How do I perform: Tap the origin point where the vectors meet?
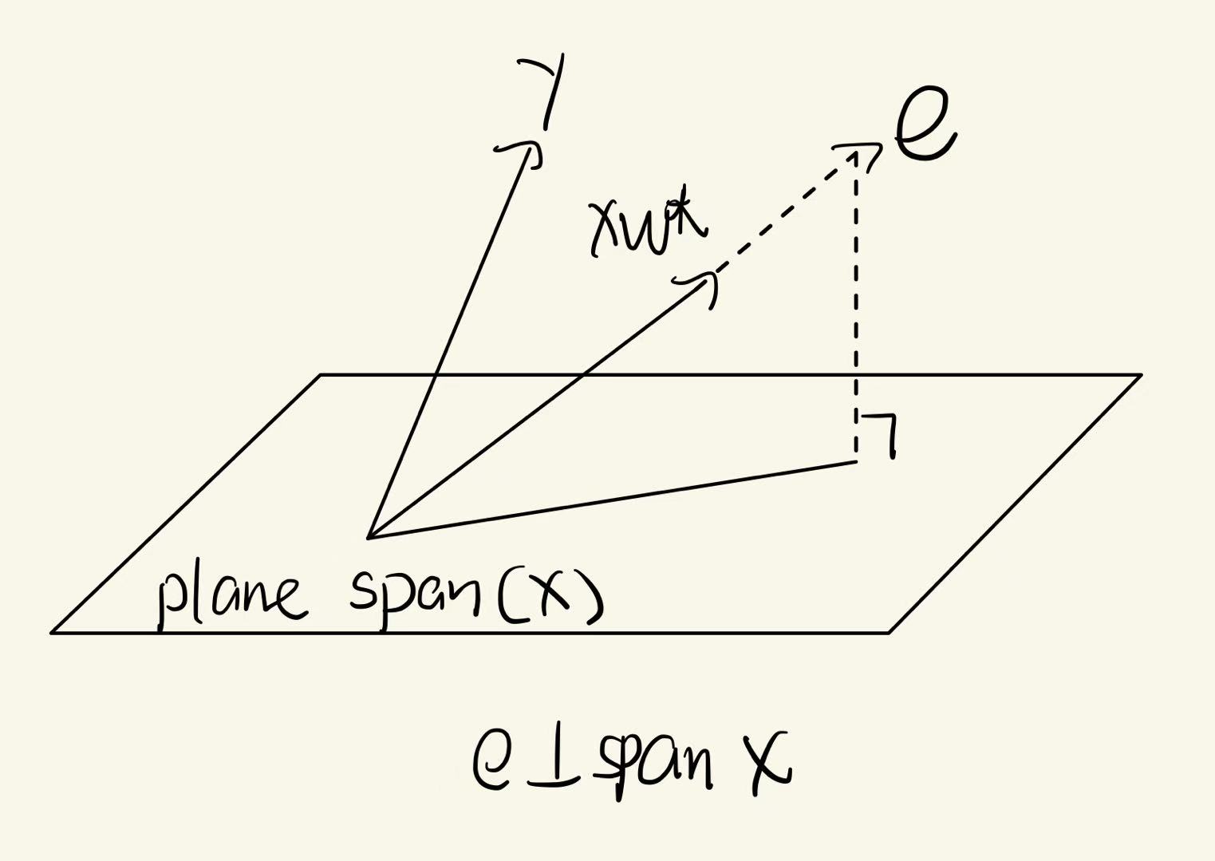pos(369,537)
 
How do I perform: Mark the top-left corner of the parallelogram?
pos(321,374)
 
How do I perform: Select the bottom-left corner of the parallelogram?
pos(53,632)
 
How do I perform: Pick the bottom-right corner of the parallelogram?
pos(889,632)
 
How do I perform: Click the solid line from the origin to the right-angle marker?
pos(614,499)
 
